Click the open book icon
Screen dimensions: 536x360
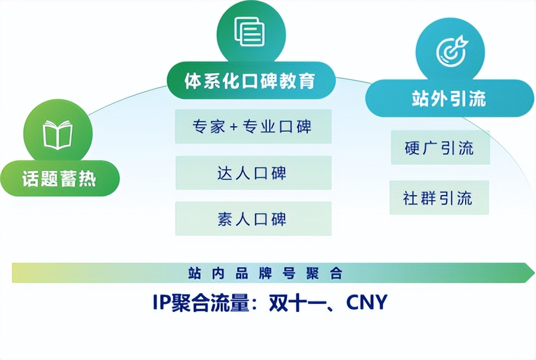point(57,134)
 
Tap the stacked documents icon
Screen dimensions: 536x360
point(250,32)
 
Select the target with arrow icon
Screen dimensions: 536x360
point(452,50)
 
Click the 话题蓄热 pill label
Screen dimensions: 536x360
point(59,178)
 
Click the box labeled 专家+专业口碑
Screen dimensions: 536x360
point(254,126)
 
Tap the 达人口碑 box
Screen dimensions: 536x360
point(254,173)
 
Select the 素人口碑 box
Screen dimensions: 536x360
point(254,219)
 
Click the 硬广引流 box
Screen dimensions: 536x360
point(440,147)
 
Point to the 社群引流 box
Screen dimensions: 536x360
point(440,198)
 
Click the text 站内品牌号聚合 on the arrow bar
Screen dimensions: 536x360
point(265,273)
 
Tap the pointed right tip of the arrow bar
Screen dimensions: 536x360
point(534,273)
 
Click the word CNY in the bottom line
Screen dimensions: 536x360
point(367,302)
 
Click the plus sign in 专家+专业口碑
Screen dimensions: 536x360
point(234,127)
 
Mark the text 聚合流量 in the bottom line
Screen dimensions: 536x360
point(210,302)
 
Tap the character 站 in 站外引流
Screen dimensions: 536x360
point(420,99)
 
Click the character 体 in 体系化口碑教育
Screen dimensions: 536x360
point(193,81)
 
